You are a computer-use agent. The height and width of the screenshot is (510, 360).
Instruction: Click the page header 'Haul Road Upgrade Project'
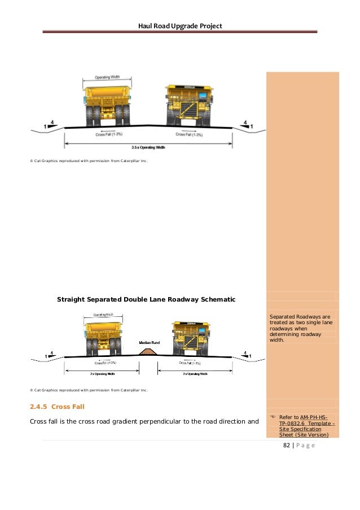point(180,26)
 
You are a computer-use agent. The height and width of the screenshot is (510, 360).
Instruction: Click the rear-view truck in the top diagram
point(107,104)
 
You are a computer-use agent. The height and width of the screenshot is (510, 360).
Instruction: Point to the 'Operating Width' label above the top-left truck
point(106,76)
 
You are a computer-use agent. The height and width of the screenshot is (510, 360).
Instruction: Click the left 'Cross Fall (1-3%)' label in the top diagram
point(108,134)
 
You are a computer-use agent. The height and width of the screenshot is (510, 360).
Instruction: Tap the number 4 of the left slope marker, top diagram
point(52,122)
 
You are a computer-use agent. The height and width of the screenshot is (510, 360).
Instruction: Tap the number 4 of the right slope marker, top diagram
point(245,122)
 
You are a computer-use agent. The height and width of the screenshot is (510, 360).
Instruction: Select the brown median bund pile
point(148,352)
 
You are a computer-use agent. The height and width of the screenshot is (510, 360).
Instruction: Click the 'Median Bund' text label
point(150,343)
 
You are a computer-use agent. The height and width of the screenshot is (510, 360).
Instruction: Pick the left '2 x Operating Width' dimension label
point(102,374)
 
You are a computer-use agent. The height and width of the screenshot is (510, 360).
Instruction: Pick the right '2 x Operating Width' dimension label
point(195,374)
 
